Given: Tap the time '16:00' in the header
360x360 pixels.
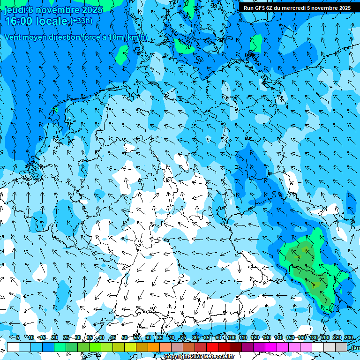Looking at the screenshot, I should [19, 21].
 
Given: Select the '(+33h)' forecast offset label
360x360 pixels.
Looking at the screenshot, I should [81, 21].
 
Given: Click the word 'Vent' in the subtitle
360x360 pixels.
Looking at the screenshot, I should [14, 37].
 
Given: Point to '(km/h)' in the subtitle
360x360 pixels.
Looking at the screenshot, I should [136, 37].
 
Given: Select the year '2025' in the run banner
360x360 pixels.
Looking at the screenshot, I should [343, 8].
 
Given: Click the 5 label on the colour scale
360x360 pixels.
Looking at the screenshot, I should [17, 338].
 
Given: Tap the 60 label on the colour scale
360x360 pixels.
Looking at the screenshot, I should [148, 338].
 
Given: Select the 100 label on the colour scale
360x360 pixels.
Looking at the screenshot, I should [232, 338].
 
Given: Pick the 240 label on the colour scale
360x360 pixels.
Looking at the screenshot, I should [349, 338].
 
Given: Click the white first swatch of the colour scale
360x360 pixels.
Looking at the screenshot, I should [13, 347].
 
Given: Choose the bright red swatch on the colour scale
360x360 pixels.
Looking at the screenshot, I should [212, 347].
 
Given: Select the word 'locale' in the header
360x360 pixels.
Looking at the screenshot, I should [52, 21].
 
